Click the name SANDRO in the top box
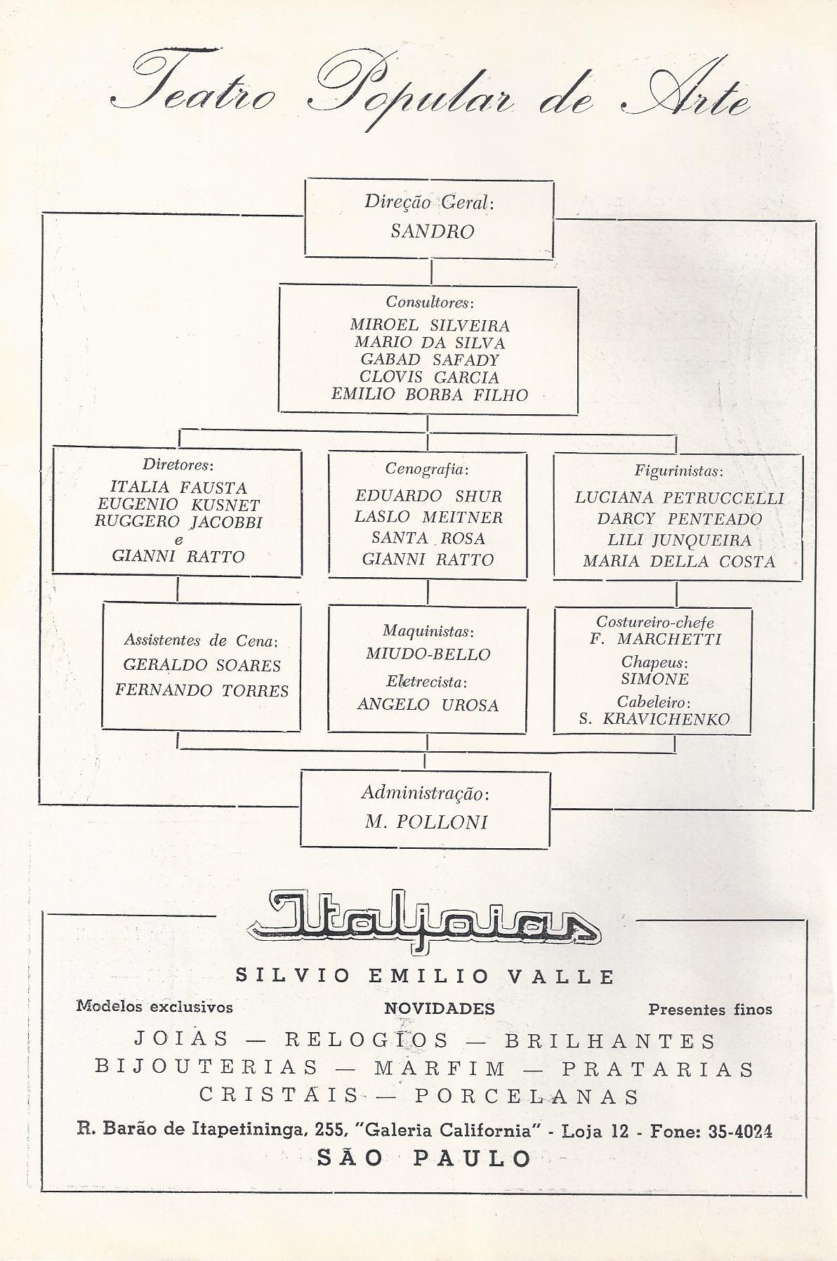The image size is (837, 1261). click(432, 232)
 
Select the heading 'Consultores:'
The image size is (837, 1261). click(430, 303)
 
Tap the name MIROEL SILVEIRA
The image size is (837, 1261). click(430, 326)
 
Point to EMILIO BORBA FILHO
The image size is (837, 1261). click(430, 395)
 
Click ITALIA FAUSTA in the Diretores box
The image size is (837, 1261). click(178, 487)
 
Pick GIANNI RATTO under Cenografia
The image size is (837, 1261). click(428, 560)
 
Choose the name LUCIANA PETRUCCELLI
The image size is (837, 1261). click(679, 498)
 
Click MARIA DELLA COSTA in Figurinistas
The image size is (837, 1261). click(679, 562)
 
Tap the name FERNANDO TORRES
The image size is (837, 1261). click(202, 690)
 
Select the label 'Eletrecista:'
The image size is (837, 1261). click(427, 681)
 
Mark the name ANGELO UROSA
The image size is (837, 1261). click(428, 705)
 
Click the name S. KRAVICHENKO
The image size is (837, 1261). click(654, 719)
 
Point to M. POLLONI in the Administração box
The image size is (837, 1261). click(426, 822)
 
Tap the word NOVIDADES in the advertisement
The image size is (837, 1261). click(440, 1009)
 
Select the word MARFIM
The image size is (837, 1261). click(440, 1069)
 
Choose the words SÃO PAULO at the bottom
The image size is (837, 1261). click(424, 1158)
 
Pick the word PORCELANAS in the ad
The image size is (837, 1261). click(527, 1096)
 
